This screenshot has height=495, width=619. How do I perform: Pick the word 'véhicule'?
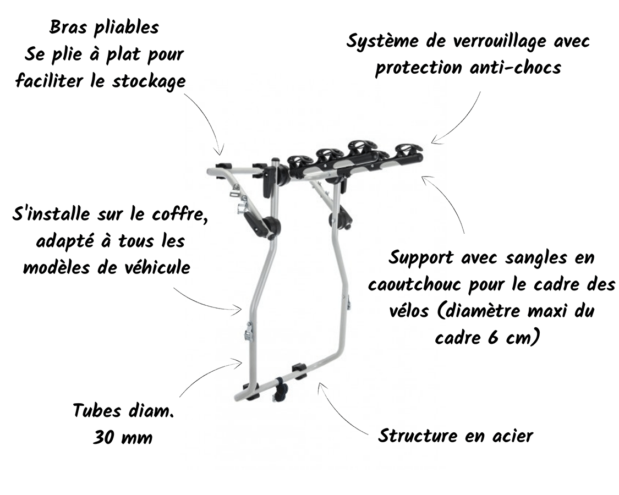(x=157, y=267)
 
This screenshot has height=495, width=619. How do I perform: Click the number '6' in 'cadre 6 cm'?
(x=492, y=338)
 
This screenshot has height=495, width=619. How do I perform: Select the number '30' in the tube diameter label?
(x=103, y=437)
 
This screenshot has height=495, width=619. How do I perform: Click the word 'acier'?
(x=513, y=436)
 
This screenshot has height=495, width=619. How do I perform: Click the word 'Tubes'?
(x=97, y=410)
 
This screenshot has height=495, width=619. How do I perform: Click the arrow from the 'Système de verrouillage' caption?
(x=462, y=122)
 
